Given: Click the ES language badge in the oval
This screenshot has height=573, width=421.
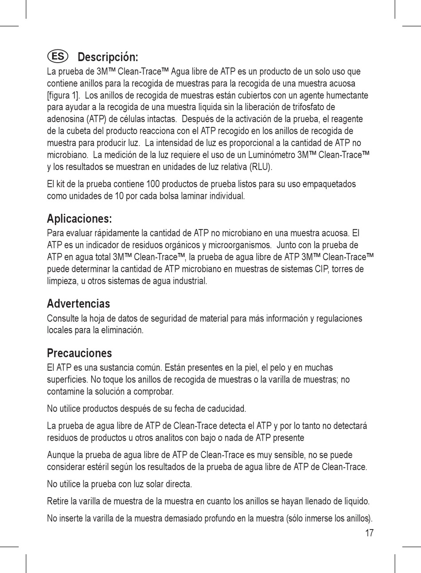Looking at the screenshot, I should (58, 57).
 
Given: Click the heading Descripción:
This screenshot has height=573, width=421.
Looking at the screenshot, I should (108, 57).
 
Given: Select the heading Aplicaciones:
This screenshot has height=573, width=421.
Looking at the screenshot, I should (79, 219).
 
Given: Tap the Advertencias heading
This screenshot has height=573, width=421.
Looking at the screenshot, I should (78, 304).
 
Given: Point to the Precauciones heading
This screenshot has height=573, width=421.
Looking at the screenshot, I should (79, 353).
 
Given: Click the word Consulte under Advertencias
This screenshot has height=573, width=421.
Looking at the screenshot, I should (62, 319).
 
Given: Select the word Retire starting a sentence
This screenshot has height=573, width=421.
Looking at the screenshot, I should (58, 502).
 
